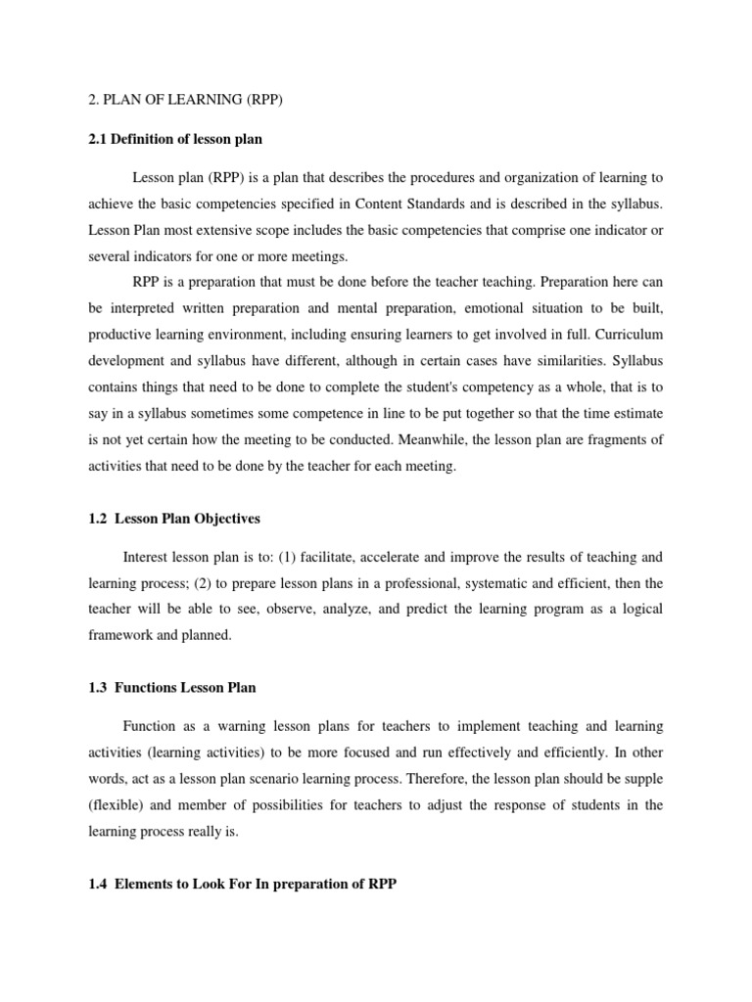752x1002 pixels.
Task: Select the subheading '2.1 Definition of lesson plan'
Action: pos(177,139)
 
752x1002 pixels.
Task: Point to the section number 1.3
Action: pos(99,688)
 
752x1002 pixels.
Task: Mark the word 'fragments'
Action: pos(621,440)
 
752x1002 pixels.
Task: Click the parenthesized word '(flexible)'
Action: pos(118,805)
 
